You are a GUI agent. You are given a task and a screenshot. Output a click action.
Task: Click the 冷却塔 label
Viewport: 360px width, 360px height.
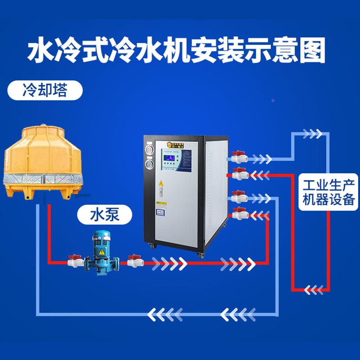(44, 91)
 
